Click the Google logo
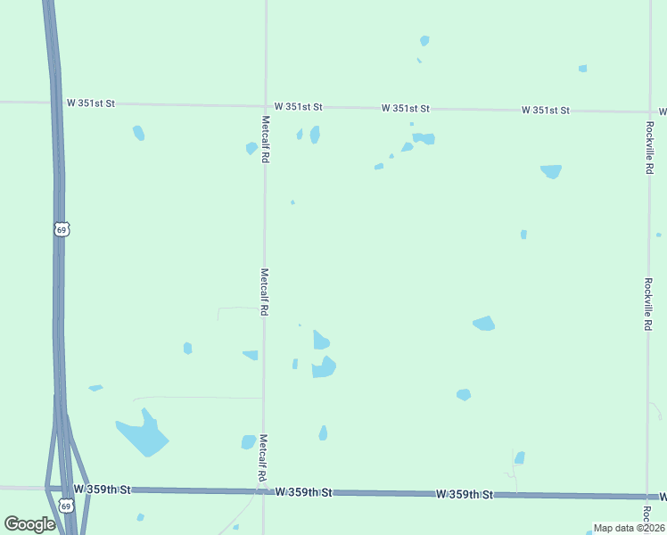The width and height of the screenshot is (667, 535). click(29, 524)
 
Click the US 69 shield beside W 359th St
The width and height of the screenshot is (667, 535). click(65, 506)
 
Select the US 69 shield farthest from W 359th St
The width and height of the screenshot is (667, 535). click(61, 229)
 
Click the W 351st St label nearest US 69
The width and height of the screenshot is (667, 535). click(91, 103)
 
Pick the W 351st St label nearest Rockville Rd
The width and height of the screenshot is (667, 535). click(546, 110)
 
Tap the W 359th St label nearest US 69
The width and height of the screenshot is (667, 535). click(103, 490)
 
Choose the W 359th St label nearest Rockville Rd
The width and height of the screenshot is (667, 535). click(465, 494)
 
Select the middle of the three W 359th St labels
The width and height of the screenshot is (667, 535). click(303, 492)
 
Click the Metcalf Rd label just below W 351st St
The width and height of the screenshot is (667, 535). click(266, 138)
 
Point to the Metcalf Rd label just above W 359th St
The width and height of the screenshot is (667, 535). click(264, 457)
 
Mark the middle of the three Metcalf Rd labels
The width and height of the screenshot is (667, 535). click(265, 292)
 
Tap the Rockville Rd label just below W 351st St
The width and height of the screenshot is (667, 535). click(649, 147)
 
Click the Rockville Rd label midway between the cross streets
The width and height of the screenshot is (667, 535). click(648, 304)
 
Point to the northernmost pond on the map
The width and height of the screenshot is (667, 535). click(424, 40)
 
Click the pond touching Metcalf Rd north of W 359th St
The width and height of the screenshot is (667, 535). click(249, 441)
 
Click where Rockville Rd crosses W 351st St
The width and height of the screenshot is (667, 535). click(649, 112)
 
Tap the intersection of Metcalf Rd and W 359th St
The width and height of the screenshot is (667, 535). click(263, 490)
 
